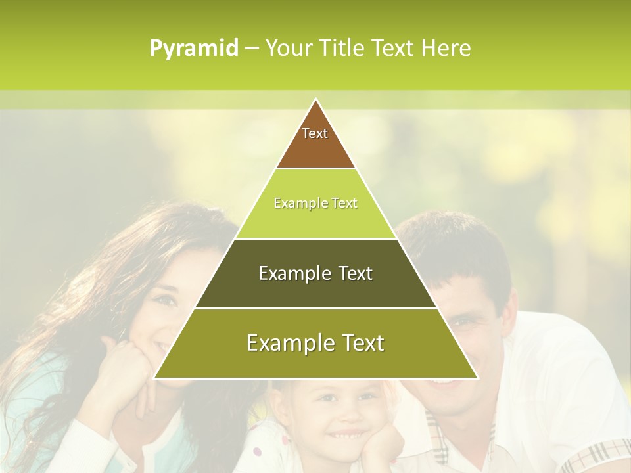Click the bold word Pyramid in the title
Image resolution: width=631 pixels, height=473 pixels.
193,48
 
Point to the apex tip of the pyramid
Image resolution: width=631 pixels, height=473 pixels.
315,100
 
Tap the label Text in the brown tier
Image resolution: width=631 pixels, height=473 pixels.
315,133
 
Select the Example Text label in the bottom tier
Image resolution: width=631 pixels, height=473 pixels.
315,343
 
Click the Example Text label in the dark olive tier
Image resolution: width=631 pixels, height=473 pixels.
315,273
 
